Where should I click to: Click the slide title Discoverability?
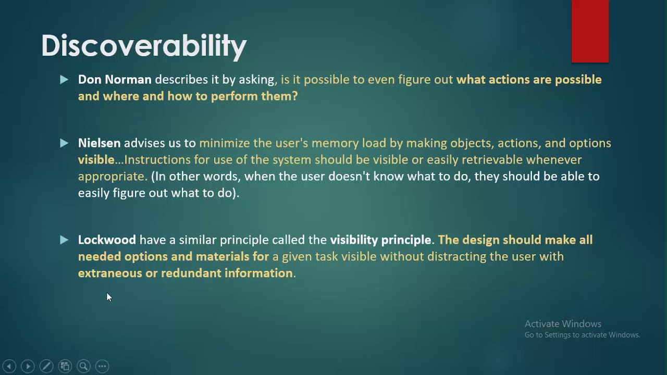click(144, 46)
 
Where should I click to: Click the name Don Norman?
click(115, 80)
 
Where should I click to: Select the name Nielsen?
click(99, 143)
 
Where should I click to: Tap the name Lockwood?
click(107, 240)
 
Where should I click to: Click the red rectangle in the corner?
click(590, 31)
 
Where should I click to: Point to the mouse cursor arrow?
click(108, 296)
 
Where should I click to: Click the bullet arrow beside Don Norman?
click(64, 80)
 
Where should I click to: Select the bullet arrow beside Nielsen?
click(64, 143)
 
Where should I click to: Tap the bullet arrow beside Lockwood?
click(64, 240)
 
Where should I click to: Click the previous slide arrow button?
click(9, 366)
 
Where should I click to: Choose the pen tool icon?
click(46, 366)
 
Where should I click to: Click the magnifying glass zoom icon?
click(83, 366)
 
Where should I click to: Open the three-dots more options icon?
click(102, 366)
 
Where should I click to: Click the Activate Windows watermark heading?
click(563, 324)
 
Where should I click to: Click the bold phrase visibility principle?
click(380, 240)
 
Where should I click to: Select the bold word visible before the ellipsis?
click(96, 160)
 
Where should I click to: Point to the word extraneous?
click(109, 273)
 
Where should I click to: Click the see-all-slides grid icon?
click(65, 366)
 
